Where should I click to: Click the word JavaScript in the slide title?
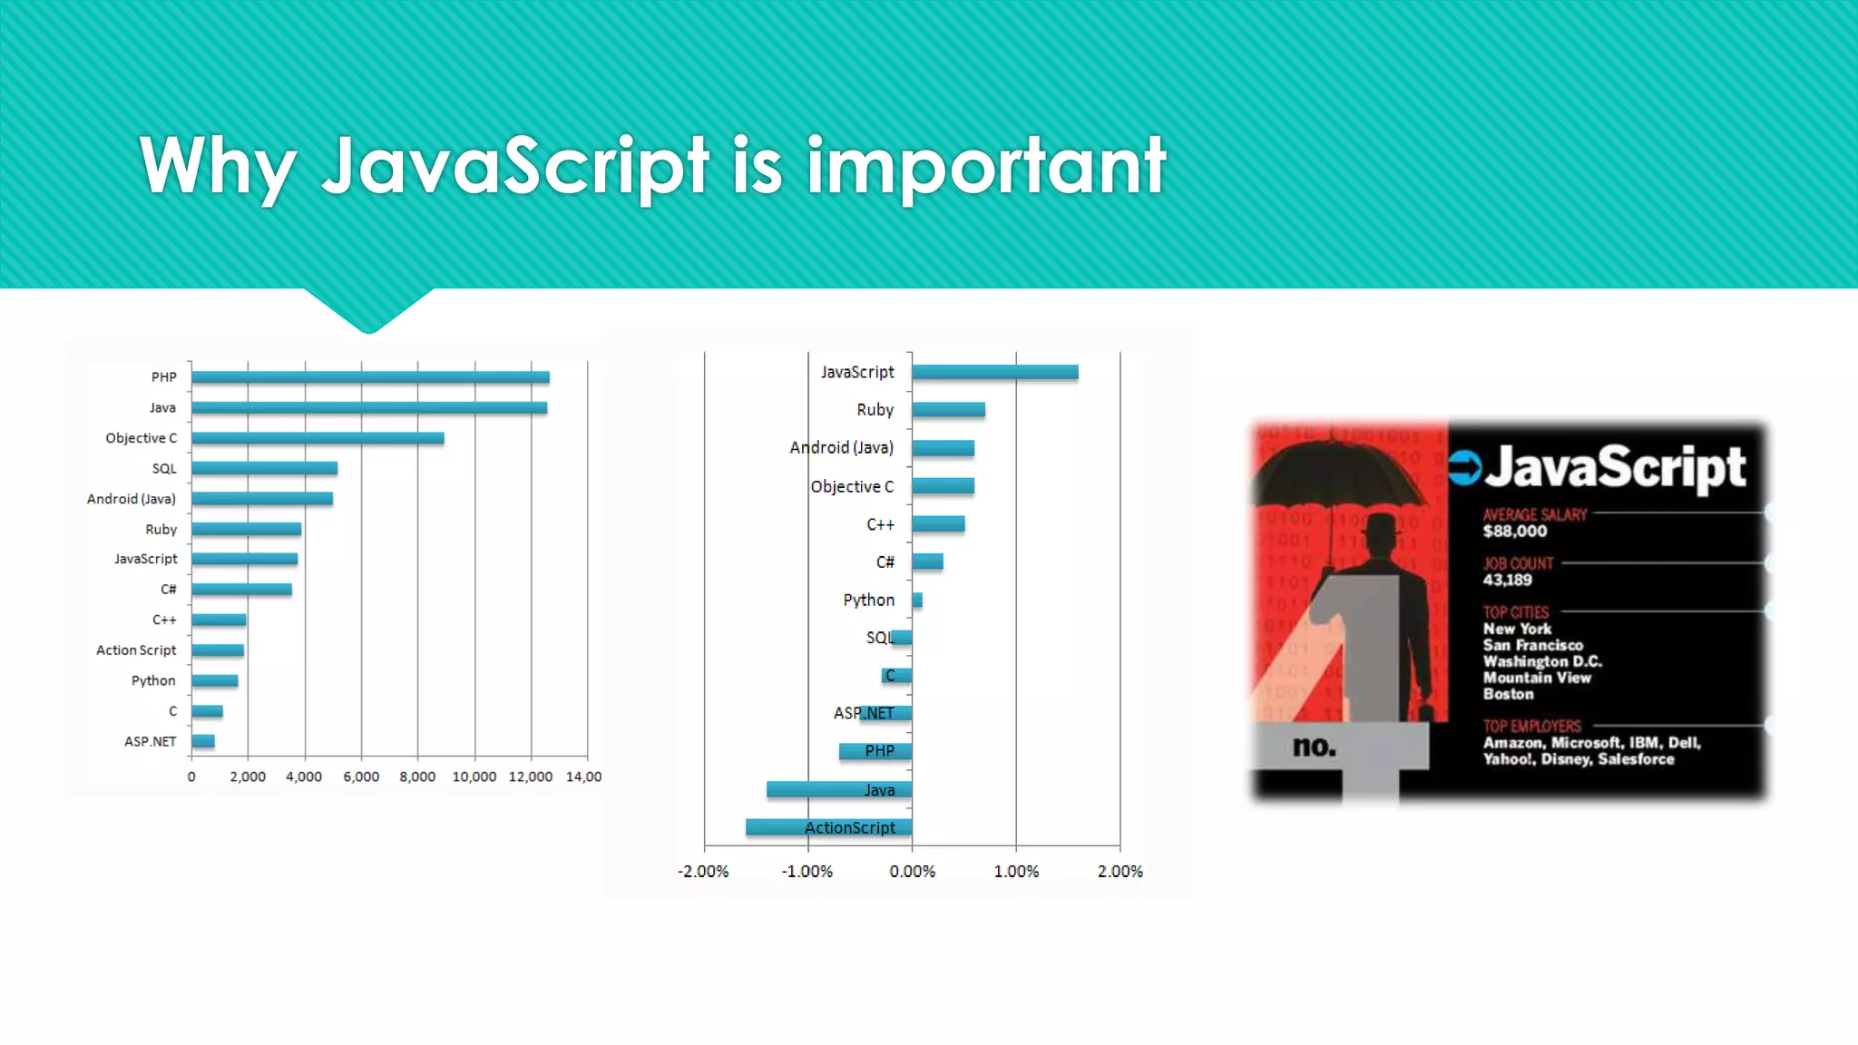point(515,166)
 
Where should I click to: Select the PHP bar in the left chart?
point(370,377)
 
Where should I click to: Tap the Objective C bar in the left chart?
point(318,438)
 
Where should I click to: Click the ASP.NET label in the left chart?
point(151,742)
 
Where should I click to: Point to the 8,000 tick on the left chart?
point(417,776)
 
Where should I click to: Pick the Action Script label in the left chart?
point(136,650)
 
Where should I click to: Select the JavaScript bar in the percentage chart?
point(995,372)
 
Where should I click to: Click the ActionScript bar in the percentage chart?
point(828,827)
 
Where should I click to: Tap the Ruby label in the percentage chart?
point(875,410)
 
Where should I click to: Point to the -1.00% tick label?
point(807,872)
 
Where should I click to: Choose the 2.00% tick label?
point(1120,872)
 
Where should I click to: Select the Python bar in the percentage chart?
point(917,600)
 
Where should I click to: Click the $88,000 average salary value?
point(1515,532)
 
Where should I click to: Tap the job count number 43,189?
point(1508,581)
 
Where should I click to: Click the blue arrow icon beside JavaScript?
point(1464,468)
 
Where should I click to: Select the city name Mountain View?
point(1537,678)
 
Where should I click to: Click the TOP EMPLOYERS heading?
point(1532,726)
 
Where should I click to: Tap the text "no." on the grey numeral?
point(1315,747)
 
